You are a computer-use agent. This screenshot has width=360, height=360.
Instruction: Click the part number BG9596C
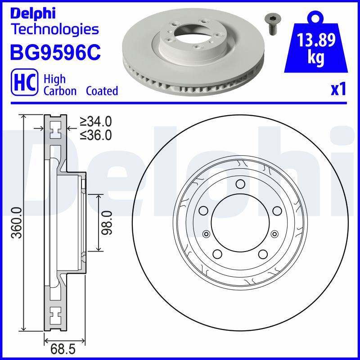pyautogui.click(x=55, y=52)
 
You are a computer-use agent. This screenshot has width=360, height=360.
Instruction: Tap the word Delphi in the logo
pyautogui.click(x=33, y=14)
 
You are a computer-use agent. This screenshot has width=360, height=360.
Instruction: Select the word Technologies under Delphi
pyautogui.click(x=55, y=29)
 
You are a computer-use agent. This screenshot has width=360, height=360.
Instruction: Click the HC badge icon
pyautogui.click(x=25, y=82)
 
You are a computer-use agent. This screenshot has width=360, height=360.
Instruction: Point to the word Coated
pyautogui.click(x=102, y=91)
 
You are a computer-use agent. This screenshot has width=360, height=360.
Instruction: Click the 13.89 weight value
pyautogui.click(x=316, y=40)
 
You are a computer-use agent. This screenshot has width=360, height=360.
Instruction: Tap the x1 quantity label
pyautogui.click(x=338, y=90)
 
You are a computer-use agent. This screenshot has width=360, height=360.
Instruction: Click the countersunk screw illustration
pyautogui.click(x=273, y=24)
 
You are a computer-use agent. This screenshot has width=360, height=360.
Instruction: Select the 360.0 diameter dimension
pyautogui.click(x=17, y=222)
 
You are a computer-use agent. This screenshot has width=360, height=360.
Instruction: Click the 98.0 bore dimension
pyautogui.click(x=107, y=223)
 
